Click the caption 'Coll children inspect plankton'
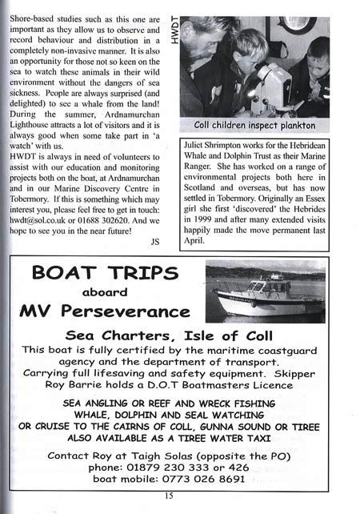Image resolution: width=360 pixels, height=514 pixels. pos(255,126)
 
